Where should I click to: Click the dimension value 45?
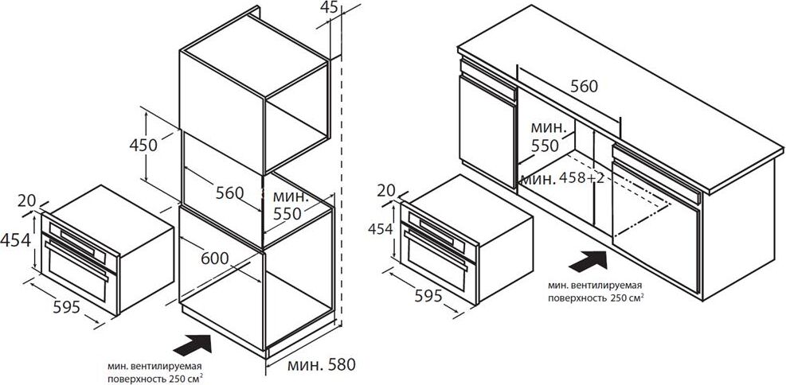click(x=330, y=6)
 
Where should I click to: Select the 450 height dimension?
click(x=143, y=146)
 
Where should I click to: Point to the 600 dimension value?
click(x=214, y=258)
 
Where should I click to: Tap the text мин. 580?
click(x=321, y=364)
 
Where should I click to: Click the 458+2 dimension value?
click(x=582, y=177)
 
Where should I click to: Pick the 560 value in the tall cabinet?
click(x=229, y=192)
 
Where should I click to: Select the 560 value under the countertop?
click(x=585, y=87)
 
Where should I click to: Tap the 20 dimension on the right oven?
click(x=386, y=190)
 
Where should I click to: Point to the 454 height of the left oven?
click(x=15, y=240)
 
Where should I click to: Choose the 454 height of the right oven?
click(x=381, y=229)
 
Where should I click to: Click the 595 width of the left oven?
click(x=66, y=307)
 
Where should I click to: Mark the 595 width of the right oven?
click(x=428, y=296)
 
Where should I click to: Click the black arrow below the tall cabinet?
click(x=192, y=345)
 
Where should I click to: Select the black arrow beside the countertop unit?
click(x=588, y=262)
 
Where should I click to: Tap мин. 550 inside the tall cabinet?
click(x=287, y=204)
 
